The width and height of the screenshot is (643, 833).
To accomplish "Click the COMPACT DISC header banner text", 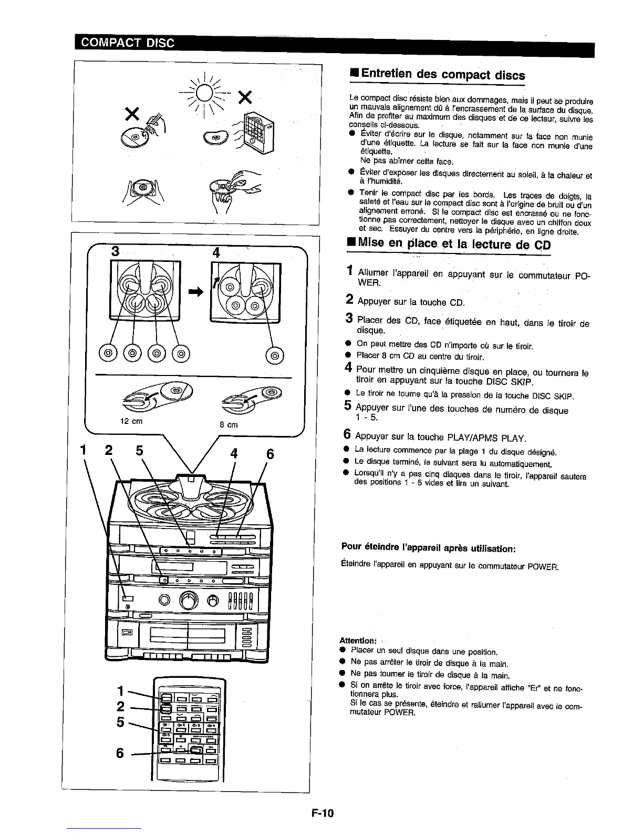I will pos(125,43).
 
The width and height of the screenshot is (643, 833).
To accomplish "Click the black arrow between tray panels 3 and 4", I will pos(195,294).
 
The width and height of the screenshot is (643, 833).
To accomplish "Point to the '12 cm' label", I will pos(131,421).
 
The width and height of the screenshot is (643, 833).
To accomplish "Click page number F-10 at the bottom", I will pos(322,814).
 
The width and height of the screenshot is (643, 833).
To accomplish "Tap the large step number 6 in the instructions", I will pos(347,435).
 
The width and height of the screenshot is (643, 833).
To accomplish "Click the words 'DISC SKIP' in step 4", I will pos(509,381).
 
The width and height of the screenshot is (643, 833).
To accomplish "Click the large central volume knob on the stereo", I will pos(189,600).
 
